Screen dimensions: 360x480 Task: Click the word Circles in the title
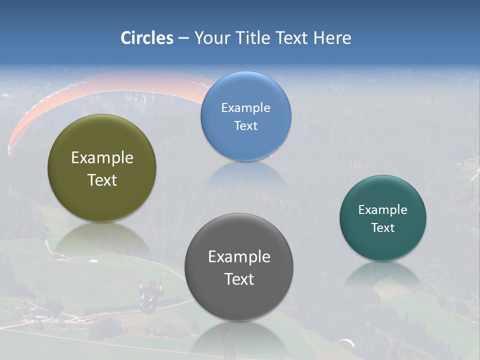146,38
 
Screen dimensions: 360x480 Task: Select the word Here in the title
332,38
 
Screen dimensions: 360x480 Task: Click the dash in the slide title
183,38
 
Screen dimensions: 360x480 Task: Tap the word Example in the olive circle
102,158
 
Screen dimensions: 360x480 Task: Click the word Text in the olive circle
102,180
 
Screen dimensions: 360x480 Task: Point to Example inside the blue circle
245,107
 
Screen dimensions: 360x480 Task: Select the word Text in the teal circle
383,227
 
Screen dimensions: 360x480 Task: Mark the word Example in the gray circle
239,256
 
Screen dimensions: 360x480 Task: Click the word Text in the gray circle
239,279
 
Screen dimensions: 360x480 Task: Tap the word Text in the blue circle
245,125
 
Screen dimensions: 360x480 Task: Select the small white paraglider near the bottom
346,342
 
